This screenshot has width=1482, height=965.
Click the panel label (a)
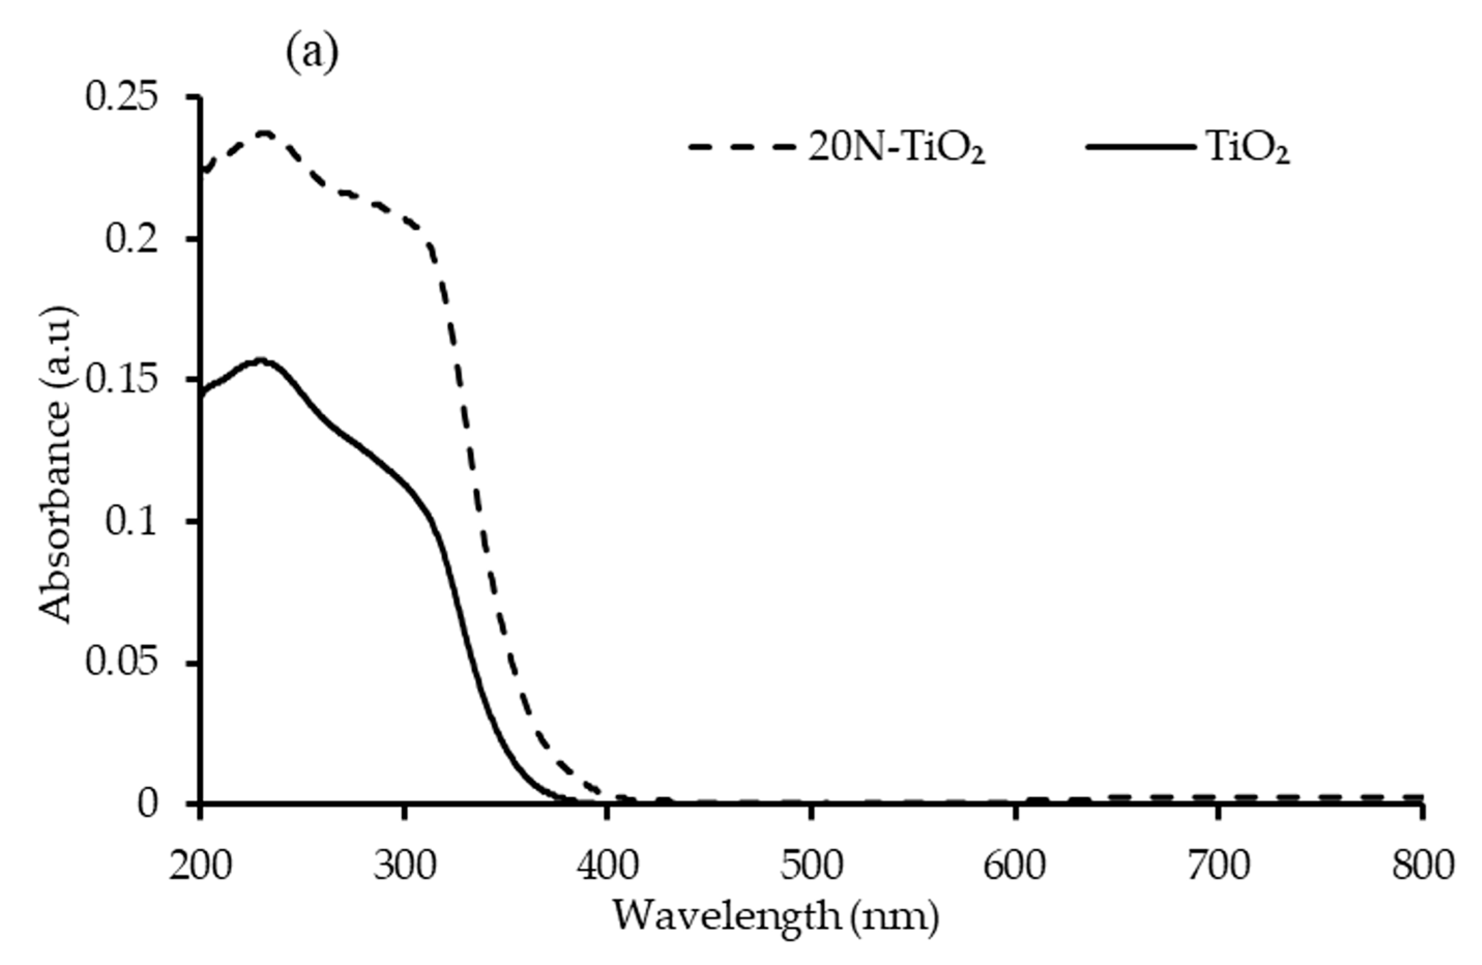pos(312,55)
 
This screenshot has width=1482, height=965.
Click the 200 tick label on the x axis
pos(199,866)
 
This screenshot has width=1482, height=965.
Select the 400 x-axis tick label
pos(607,866)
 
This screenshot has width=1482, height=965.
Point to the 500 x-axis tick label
pos(811,866)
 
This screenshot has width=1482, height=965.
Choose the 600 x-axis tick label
pos(1015,866)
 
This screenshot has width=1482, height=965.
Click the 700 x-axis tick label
pos(1219,866)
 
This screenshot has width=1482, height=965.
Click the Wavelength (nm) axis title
pos(775,915)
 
